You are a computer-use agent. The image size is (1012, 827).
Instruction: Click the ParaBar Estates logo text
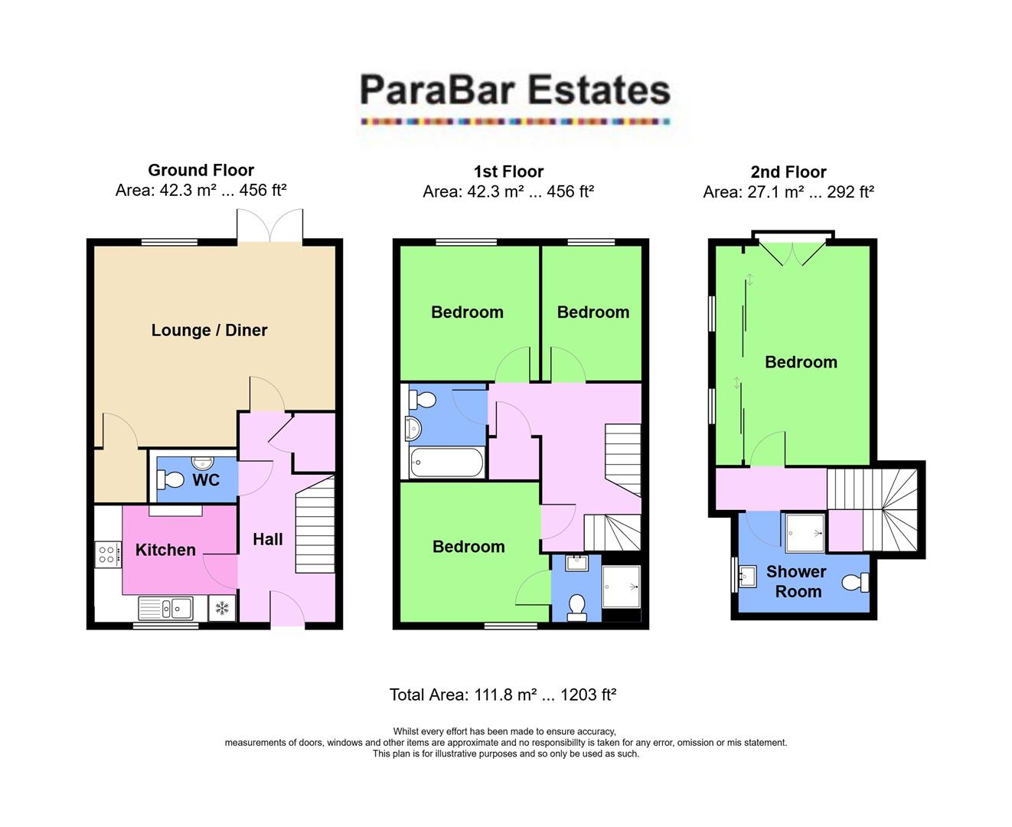tap(514, 90)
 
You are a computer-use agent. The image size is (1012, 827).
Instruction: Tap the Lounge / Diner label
tap(209, 330)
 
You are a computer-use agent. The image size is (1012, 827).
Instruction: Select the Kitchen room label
tap(165, 550)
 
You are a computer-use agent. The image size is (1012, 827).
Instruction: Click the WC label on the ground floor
tap(206, 480)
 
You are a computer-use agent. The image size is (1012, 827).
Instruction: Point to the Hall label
tap(268, 539)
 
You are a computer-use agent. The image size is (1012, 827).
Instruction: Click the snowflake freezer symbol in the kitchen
tap(222, 609)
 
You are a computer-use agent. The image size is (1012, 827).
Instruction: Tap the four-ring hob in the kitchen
tap(107, 554)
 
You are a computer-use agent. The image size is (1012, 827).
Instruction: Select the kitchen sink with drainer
tap(165, 609)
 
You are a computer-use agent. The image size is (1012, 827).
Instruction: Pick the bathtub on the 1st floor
tap(446, 463)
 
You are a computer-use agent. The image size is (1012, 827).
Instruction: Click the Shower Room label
tap(797, 581)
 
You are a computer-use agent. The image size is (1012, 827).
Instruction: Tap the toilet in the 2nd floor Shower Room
tap(854, 583)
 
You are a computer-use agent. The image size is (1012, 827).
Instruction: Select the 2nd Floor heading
tap(788, 172)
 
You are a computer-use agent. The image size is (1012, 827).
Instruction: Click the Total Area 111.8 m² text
tap(503, 695)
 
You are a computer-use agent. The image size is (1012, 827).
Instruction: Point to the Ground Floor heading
tap(201, 170)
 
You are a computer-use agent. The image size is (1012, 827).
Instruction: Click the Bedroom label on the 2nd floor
tap(801, 362)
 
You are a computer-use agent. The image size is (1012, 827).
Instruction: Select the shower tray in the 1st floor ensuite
tap(621, 587)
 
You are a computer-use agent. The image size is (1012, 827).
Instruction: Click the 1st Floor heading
tap(508, 172)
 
